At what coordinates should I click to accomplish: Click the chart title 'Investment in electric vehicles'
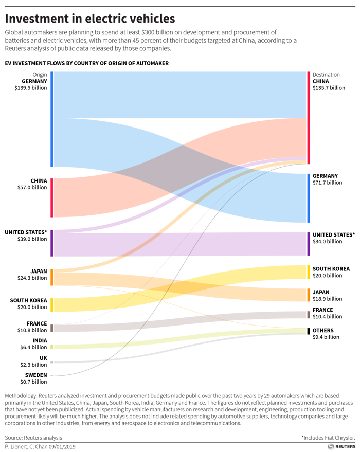[90, 19]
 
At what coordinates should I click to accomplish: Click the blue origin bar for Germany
[52, 119]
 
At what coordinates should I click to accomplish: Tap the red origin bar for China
[52, 197]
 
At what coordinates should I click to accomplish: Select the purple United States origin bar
[52, 243]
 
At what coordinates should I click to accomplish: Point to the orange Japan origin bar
[52, 277]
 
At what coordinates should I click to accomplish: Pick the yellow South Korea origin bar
[52, 304]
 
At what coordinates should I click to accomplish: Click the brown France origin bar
[52, 328]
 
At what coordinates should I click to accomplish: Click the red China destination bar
[309, 118]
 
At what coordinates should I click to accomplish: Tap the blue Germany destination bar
[309, 198]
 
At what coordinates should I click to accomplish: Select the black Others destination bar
[309, 331]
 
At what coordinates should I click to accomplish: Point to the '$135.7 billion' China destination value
[329, 88]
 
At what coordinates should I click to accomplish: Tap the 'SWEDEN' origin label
[36, 375]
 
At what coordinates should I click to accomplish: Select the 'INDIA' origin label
[39, 340]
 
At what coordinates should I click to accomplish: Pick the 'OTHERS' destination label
[323, 330]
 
